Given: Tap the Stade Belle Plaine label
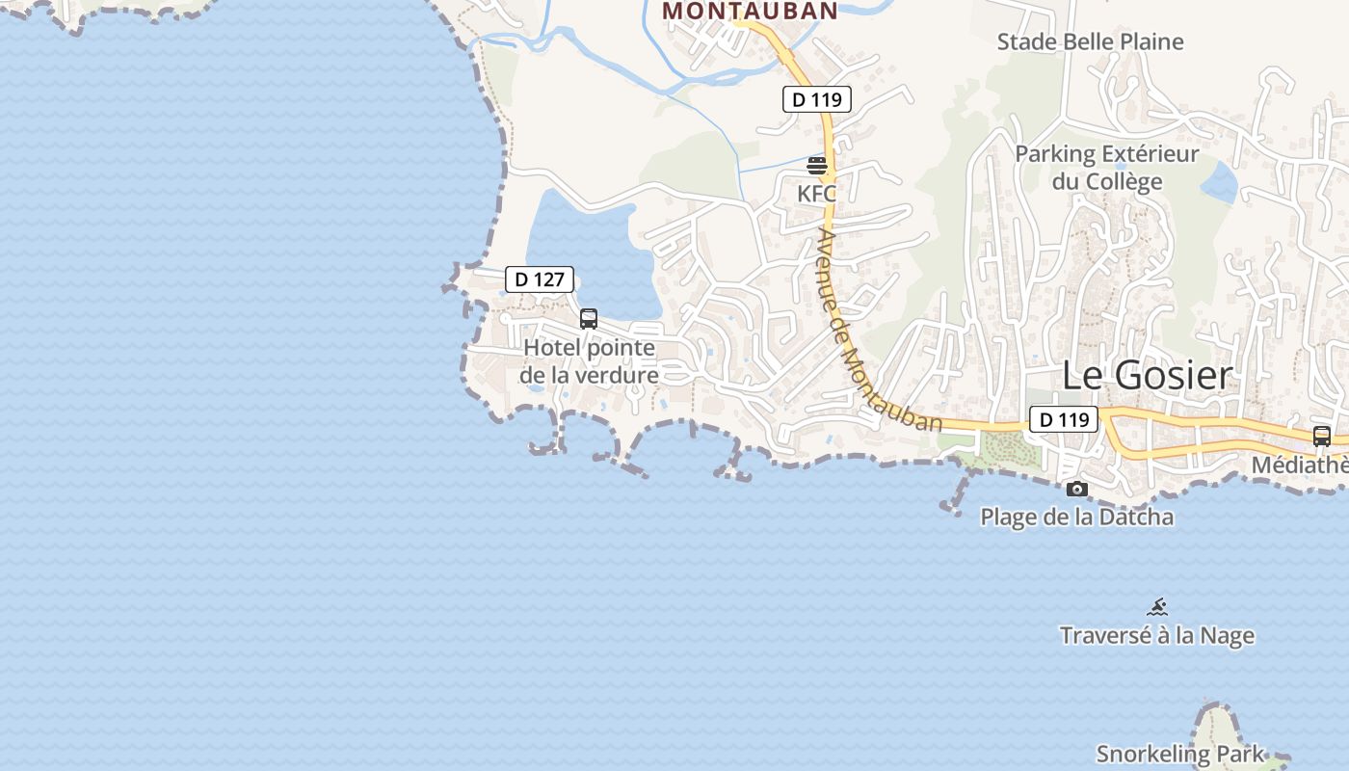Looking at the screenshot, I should point(1090,41).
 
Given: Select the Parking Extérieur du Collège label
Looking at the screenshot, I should point(1107,168).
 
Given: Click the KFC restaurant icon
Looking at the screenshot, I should point(817,166).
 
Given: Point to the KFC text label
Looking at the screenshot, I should point(817,194).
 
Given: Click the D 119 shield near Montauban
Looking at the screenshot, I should point(816,98).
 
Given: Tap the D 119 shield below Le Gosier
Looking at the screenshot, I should point(1064,419).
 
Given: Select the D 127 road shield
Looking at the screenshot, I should point(540,279).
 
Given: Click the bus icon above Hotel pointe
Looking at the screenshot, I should point(589,318).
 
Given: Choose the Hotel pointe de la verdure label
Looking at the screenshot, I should point(590,361).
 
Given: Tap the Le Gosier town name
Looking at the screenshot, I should point(1147,376).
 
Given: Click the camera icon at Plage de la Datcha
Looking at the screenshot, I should point(1077,490).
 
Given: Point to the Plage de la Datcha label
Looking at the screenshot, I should point(1077,517).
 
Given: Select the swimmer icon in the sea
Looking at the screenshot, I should point(1157,607).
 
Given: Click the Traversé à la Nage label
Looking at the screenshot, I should point(1157,636).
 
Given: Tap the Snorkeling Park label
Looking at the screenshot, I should point(1180,754).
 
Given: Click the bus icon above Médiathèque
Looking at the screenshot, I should point(1322,436).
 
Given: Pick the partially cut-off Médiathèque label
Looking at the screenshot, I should point(1300,465).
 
